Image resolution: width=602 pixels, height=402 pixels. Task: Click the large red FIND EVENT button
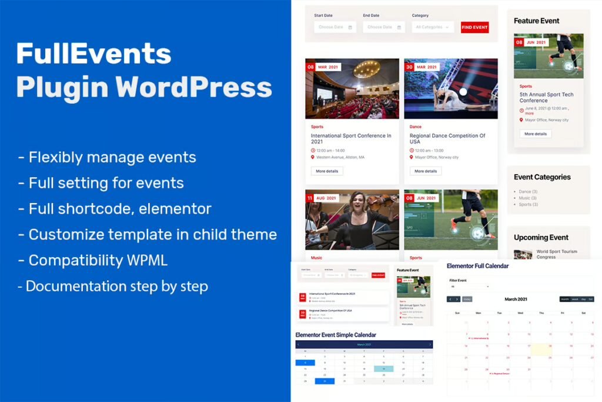[x=474, y=27]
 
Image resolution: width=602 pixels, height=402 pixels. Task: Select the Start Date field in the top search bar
[x=335, y=27]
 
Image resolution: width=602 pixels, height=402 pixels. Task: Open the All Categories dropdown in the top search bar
[x=433, y=27]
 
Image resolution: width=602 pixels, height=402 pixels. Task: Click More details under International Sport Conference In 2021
[x=327, y=171]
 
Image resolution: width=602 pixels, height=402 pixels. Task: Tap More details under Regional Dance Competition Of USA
[x=426, y=171]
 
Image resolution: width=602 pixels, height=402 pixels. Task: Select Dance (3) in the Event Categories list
[x=528, y=191]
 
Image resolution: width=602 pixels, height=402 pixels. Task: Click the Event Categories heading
[x=542, y=177]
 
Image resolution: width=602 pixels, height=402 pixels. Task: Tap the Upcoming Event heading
[x=541, y=238]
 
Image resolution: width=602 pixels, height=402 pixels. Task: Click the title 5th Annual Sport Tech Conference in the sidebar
[x=546, y=97]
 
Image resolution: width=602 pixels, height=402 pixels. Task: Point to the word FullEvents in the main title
[x=94, y=54]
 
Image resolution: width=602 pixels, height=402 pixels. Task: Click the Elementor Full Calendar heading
[x=477, y=266]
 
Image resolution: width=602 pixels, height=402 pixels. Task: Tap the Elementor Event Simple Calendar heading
[x=335, y=335]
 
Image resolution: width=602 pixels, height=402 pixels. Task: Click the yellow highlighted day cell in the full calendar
[x=541, y=350]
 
